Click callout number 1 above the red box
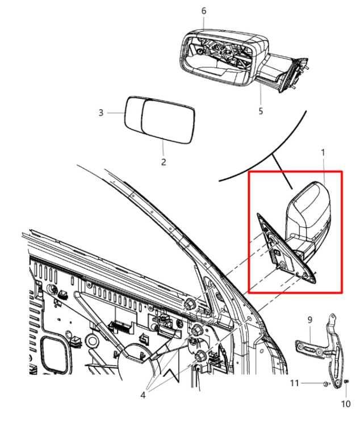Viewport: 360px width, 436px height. [x=323, y=152]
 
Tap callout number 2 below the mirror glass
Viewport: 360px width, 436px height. [x=163, y=162]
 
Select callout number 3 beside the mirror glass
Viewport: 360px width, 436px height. [x=101, y=113]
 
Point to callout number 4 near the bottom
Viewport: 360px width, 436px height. [x=143, y=395]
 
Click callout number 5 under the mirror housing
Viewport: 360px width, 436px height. [x=261, y=111]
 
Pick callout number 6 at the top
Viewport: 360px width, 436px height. [x=204, y=11]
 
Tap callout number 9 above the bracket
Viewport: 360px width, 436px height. [x=310, y=320]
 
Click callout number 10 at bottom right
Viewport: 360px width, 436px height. [x=346, y=404]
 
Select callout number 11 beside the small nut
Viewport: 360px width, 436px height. [x=294, y=383]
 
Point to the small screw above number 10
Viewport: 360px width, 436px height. [x=346, y=383]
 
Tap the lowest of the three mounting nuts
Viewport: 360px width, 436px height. [x=201, y=356]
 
